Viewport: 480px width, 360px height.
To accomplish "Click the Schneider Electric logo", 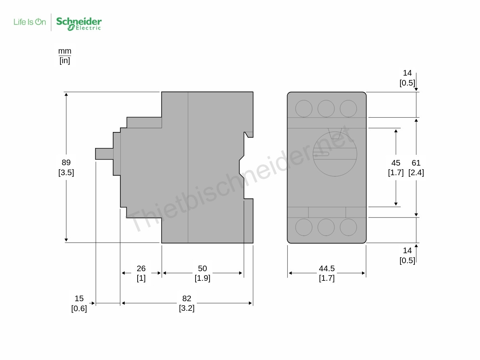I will coord(79,23).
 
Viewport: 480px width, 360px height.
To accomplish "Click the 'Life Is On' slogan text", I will coord(30,22).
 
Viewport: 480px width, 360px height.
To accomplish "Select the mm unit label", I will coord(65,51).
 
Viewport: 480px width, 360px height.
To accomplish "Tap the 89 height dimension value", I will coord(66,162).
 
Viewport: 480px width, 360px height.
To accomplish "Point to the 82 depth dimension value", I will coord(187,298).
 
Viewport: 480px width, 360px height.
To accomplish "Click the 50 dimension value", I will coord(202,268).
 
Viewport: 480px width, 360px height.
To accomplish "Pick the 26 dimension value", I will coord(141,268).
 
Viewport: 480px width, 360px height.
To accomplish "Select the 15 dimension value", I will coord(79,298).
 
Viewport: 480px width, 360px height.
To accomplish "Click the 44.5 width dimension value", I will coord(327,268).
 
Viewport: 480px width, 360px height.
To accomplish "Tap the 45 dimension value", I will coord(396,163).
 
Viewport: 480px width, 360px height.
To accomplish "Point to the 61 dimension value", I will coord(416,163).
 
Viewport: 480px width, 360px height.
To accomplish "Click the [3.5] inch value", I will coord(66,172).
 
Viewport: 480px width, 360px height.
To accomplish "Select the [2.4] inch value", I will coord(416,172).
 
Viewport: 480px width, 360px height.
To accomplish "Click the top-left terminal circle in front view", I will coord(304,108).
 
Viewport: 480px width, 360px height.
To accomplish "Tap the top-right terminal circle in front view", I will coord(348,108).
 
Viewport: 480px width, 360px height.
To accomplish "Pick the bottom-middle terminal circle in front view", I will coord(326,227).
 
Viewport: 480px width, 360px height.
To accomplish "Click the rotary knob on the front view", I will coord(335,154).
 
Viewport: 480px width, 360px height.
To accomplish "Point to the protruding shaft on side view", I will coord(104,154).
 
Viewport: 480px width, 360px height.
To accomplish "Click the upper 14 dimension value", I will coord(407,73).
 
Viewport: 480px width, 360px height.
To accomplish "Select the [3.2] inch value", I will coord(187,308).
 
